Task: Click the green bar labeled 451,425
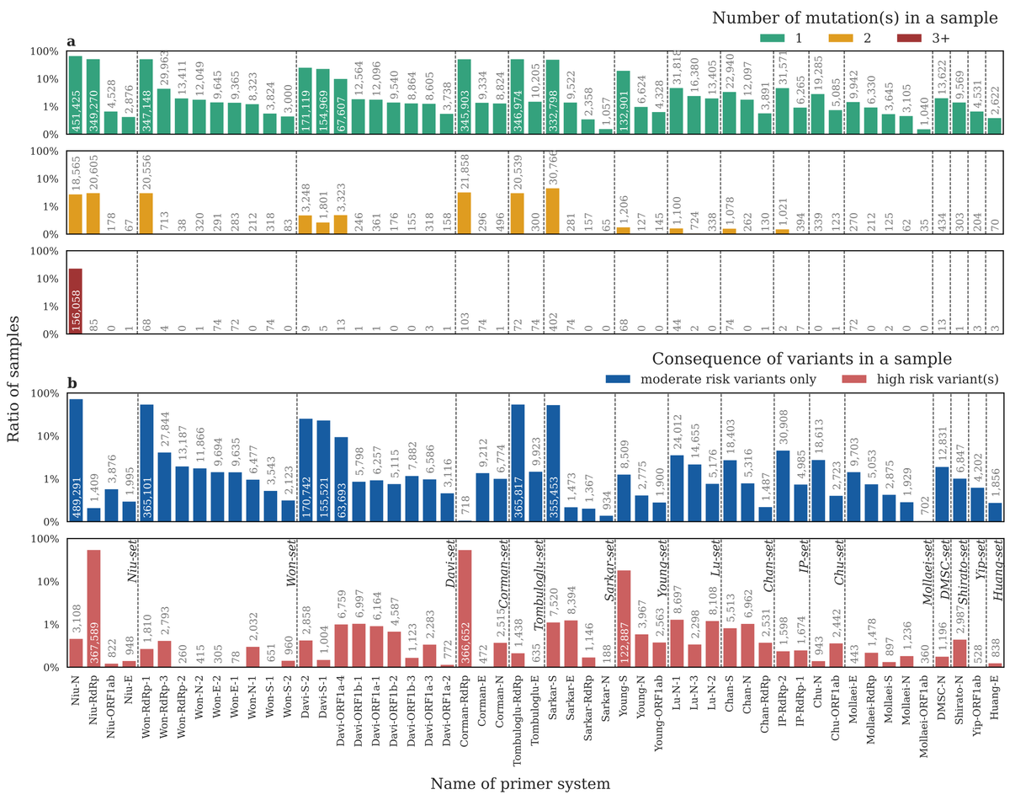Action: [76, 96]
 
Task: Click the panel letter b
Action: [72, 384]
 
